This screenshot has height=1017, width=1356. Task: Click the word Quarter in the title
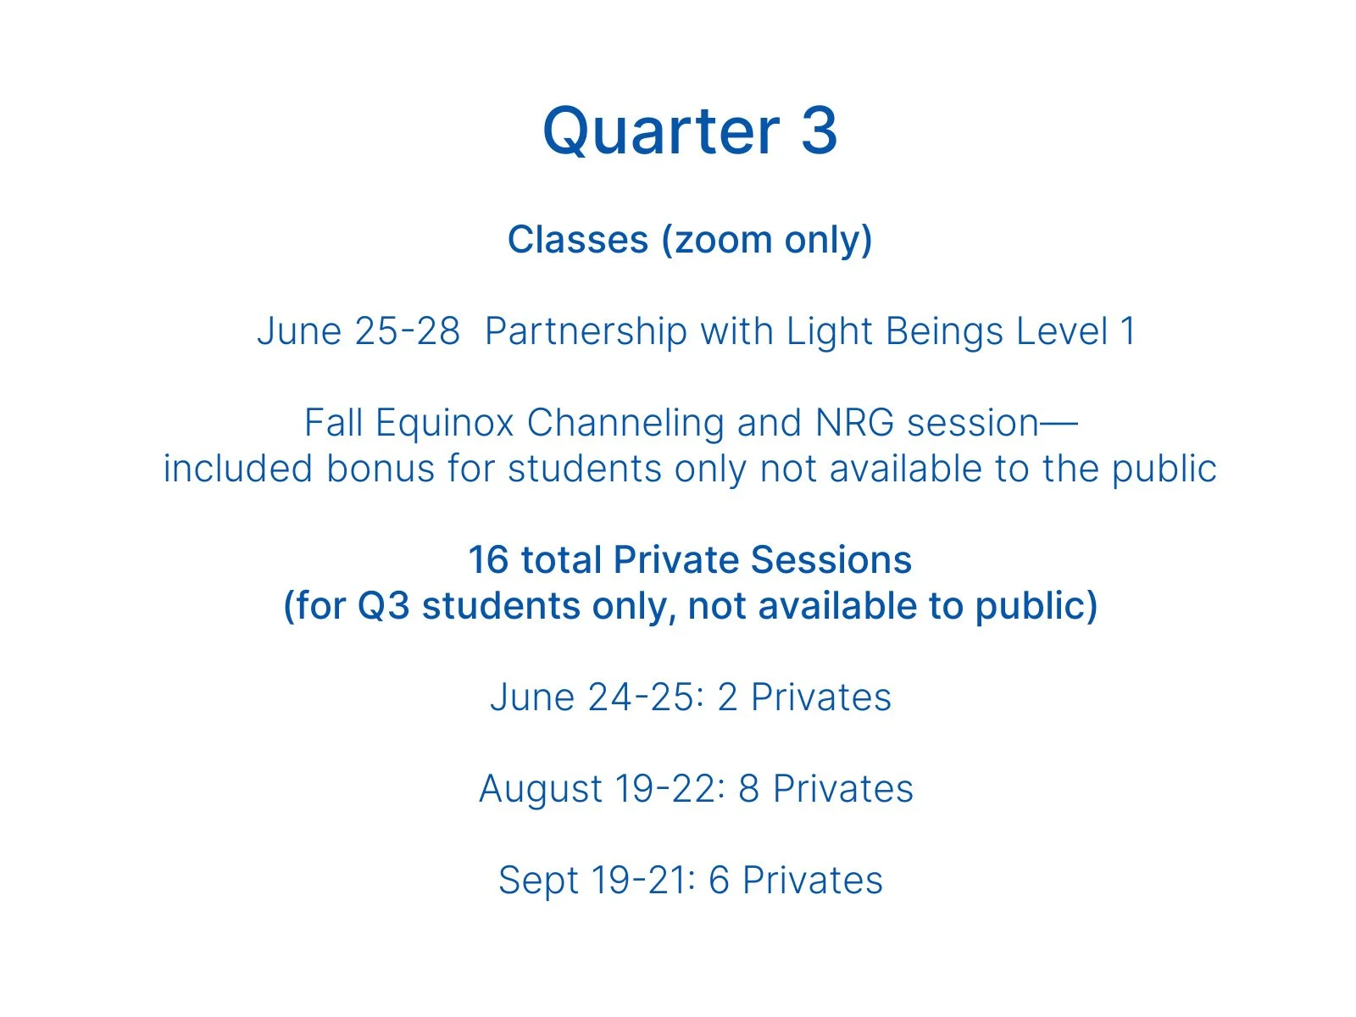tap(661, 131)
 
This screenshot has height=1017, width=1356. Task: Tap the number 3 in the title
tap(819, 131)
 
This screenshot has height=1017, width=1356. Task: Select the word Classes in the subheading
tap(578, 240)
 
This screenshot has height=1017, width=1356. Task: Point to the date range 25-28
tap(408, 331)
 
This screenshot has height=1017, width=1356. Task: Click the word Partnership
tap(586, 331)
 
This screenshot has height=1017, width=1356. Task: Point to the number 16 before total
tap(488, 560)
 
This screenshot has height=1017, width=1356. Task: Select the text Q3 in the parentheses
tap(383, 606)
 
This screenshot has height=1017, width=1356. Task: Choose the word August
tap(540, 789)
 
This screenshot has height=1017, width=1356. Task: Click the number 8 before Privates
tap(748, 789)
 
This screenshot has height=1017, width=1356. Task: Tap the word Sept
tap(539, 881)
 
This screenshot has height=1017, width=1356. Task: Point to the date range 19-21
tap(644, 881)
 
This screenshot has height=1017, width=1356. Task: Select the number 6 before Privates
tap(719, 881)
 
